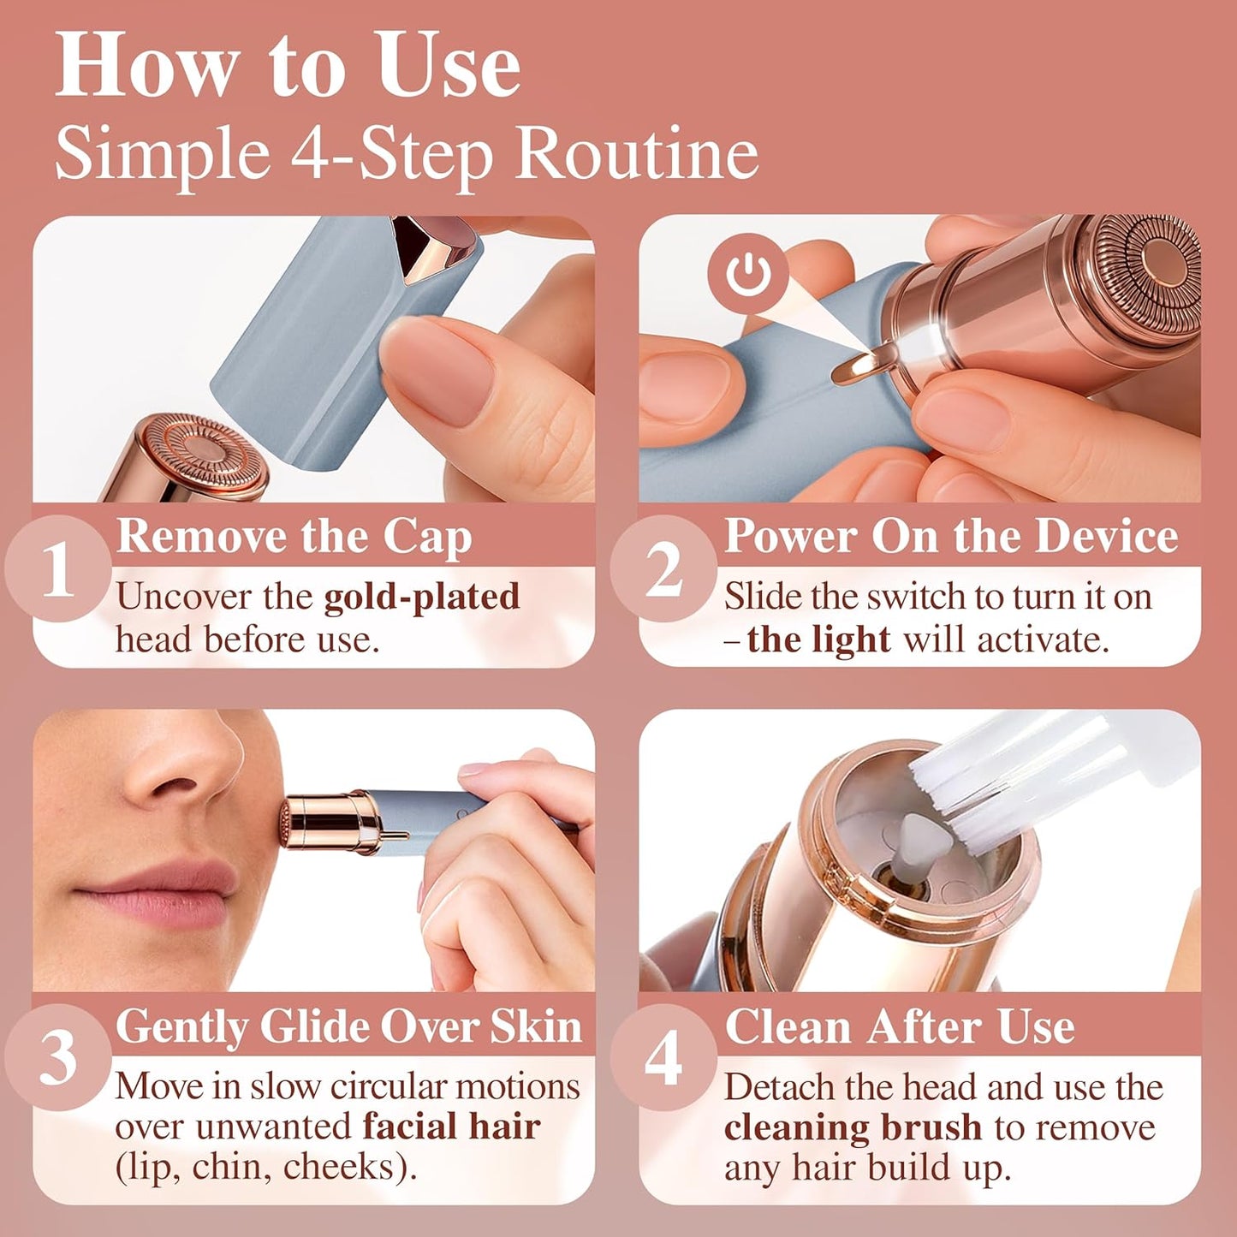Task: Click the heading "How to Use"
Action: pos(288,67)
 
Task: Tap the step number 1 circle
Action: pos(58,568)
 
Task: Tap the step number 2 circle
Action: pos(663,568)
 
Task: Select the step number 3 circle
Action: pos(58,1058)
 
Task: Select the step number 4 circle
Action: pos(663,1058)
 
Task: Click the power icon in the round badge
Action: pos(747,274)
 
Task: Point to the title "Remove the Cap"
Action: pos(294,537)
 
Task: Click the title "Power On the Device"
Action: pos(950,537)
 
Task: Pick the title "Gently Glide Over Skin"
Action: pos(348,1026)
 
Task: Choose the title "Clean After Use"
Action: pos(899,1026)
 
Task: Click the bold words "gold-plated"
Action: pos(421,597)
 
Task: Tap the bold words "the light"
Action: pos(818,639)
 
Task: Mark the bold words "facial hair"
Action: pos(451,1127)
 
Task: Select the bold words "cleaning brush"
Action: pos(853,1127)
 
